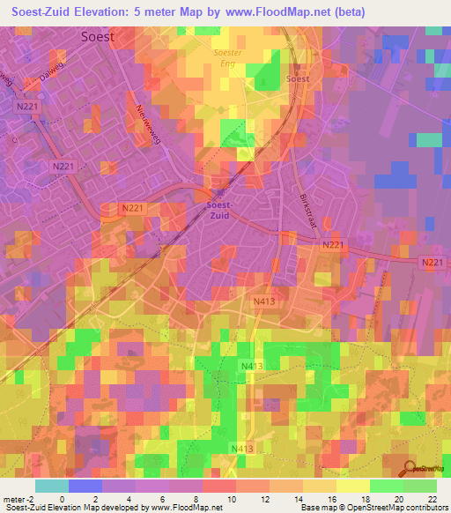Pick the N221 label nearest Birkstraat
(332, 244)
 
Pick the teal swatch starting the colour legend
(51, 487)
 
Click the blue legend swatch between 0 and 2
(85, 487)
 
